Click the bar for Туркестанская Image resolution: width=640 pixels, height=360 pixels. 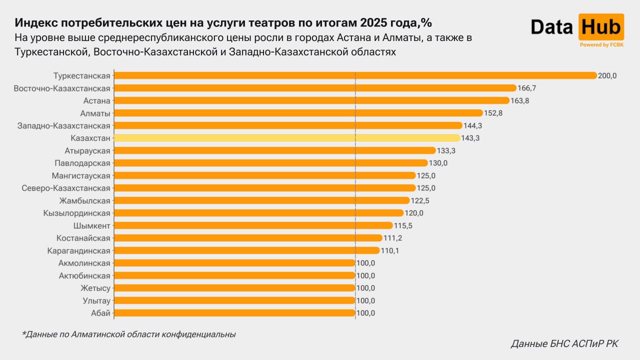tap(355, 75)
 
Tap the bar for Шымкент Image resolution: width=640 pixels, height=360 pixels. tap(253, 225)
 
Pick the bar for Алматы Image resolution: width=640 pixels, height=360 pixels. tap(298, 113)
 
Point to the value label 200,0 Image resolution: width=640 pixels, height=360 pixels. tap(608, 75)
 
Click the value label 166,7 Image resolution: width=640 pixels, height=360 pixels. tap(527, 88)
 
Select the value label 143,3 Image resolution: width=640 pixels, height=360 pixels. tap(470, 138)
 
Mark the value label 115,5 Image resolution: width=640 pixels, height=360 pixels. tap(403, 225)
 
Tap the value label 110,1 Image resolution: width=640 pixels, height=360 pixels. tap(390, 250)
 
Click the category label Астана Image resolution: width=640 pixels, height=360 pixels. tap(96, 100)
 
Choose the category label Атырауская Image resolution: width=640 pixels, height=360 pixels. tap(87, 150)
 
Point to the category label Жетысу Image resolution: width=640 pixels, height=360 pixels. tap(95, 288)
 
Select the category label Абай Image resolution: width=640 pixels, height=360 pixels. tap(100, 313)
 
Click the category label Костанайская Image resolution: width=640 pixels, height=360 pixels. tap(83, 238)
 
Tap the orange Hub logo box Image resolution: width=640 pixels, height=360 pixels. tap(601, 27)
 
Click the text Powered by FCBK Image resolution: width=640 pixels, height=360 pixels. tap(601, 45)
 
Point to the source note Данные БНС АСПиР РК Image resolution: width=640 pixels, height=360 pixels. tap(564, 344)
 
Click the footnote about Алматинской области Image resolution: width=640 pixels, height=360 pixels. tap(128, 334)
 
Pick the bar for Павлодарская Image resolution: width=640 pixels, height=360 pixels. tap(270, 163)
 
